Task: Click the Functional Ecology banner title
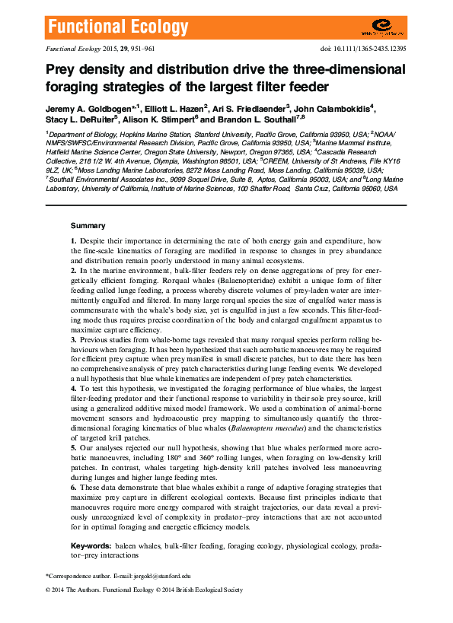pyautogui.click(x=117, y=28)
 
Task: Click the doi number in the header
pyautogui.click(x=374, y=48)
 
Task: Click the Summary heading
pyautogui.click(x=88, y=226)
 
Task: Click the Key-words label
pyautogui.click(x=91, y=546)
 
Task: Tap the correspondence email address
pyautogui.click(x=164, y=577)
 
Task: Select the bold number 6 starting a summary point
pyautogui.click(x=74, y=486)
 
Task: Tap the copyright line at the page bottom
pyautogui.click(x=144, y=590)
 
